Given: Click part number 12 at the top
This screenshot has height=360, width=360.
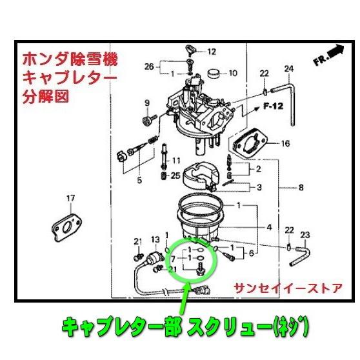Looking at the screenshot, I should tap(212, 51).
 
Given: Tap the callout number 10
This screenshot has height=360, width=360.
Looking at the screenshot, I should tap(233, 72).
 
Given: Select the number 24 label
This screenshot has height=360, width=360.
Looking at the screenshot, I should tap(288, 69).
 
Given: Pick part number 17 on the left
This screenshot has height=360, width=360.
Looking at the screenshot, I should tap(71, 198).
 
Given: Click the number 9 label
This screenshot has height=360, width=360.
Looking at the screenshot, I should tap(146, 103).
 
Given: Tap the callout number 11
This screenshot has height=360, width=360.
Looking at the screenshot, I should tap(176, 160).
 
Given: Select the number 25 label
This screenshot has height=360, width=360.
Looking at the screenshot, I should tap(176, 175).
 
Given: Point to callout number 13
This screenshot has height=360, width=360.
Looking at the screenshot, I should tap(155, 239).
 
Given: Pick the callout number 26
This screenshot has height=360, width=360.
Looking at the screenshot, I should tap(148, 66).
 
